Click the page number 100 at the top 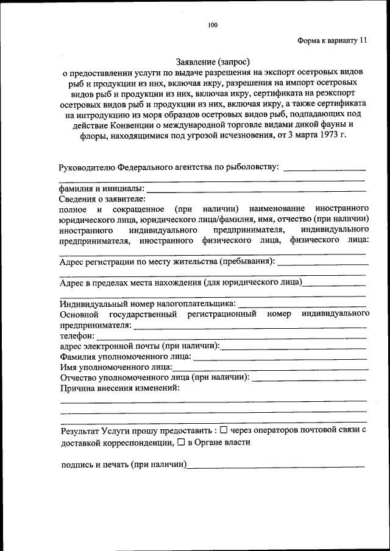pos(212,25)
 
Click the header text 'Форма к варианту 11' pos(332,41)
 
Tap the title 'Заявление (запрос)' pos(213,61)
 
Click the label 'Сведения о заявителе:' pos(102,199)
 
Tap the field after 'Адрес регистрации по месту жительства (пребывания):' pos(322,263)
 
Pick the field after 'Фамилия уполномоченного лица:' pos(280,357)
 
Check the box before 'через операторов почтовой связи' pos(223,430)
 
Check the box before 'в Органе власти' pos(180,443)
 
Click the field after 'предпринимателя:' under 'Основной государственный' pos(250,326)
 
